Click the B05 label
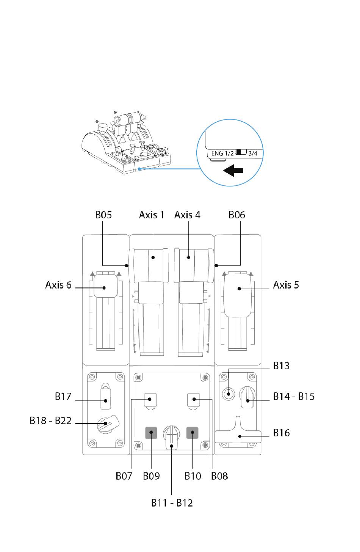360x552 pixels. coord(103,215)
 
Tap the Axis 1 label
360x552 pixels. coord(152,215)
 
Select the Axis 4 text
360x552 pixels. coord(187,215)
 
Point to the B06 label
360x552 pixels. coord(236,215)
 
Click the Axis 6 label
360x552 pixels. coord(58,285)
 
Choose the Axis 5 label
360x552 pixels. coord(286,285)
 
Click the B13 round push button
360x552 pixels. coord(228,394)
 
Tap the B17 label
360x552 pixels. coord(63,397)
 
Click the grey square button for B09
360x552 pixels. coord(151,433)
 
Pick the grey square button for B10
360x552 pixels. coord(192,433)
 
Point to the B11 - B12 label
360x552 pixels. coord(172,503)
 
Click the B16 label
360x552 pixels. coord(282,433)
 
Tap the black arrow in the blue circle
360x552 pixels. coord(233,171)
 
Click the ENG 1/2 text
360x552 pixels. coord(222,153)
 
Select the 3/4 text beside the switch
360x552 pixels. coord(253,153)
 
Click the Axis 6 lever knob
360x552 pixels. coord(106,286)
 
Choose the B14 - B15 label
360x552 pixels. coord(294,397)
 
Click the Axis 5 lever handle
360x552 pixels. coord(238,295)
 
